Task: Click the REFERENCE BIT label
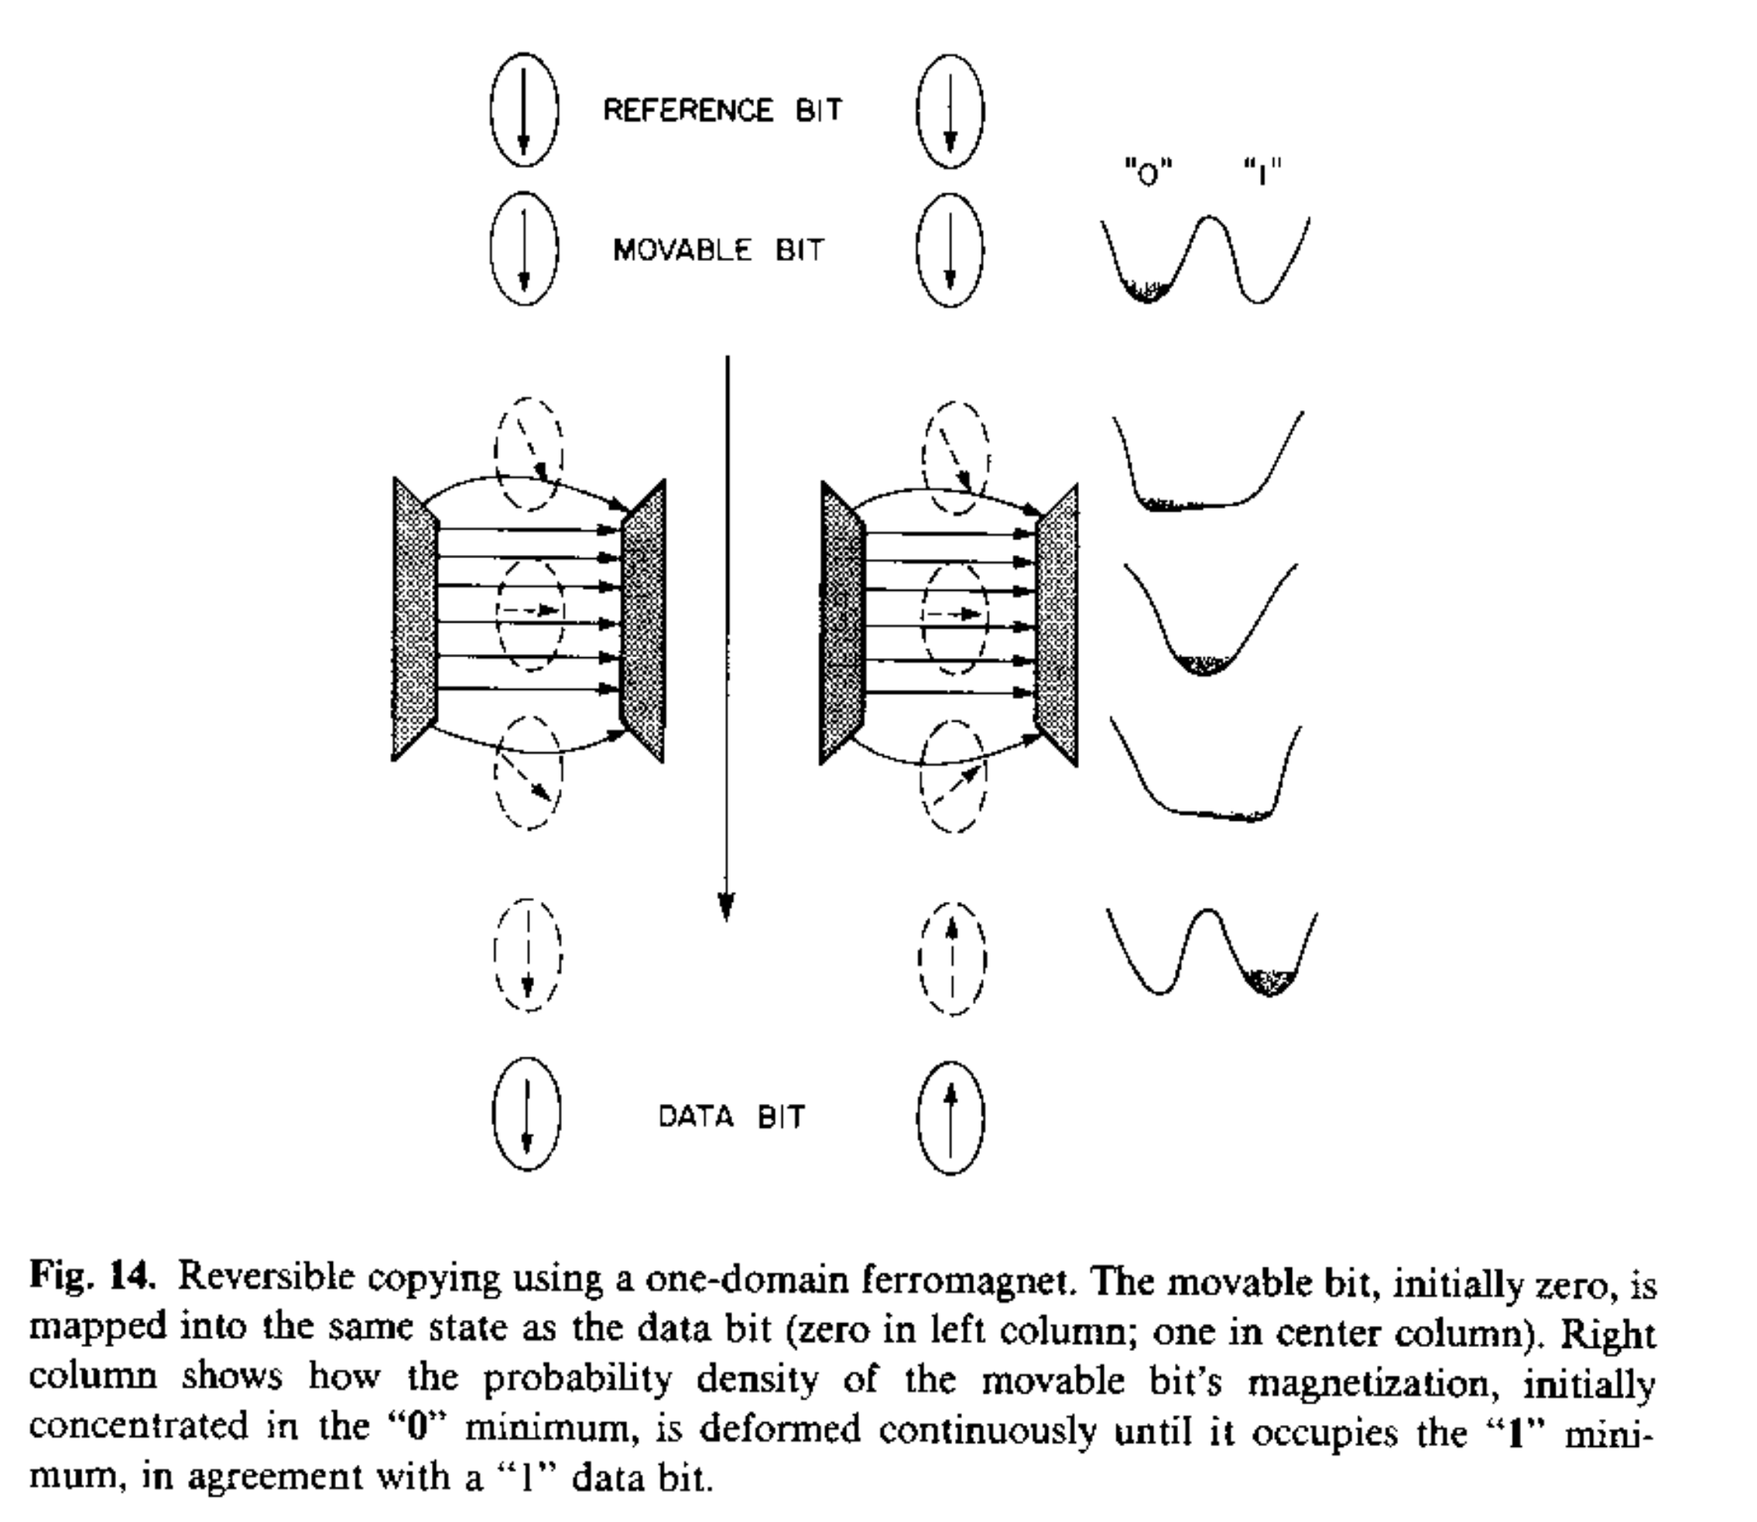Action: coord(722,111)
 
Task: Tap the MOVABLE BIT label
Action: coord(718,251)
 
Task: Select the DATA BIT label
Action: coord(731,1116)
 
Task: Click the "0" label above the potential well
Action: coord(1148,175)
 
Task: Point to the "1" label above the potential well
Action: coord(1262,175)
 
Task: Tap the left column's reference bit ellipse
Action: coord(524,111)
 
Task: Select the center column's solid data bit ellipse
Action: coord(951,1118)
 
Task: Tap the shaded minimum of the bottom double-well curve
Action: coord(1269,982)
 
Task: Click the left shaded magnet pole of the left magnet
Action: coord(413,620)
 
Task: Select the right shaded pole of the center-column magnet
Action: coord(1058,624)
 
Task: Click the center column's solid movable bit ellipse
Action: coord(950,251)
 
